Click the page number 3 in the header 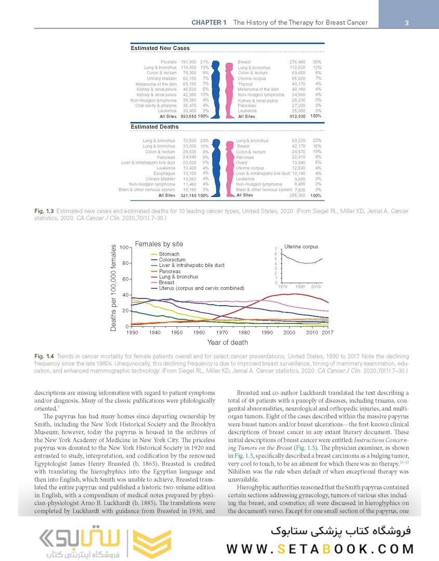407,23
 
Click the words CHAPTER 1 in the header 209,23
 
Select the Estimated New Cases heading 160,48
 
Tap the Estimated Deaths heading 154,127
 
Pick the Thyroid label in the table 245,84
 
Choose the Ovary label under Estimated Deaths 242,163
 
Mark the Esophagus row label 165,173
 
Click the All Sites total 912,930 297,116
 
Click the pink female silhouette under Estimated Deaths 228,168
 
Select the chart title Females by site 159,244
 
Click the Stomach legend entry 169,254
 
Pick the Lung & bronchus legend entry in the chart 178,277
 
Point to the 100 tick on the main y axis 124,247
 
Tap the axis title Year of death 227,342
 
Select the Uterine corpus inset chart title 301,246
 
